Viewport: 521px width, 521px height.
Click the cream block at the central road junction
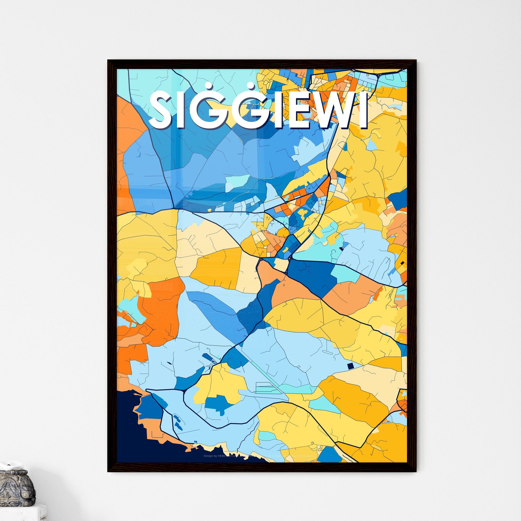coord(281,265)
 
